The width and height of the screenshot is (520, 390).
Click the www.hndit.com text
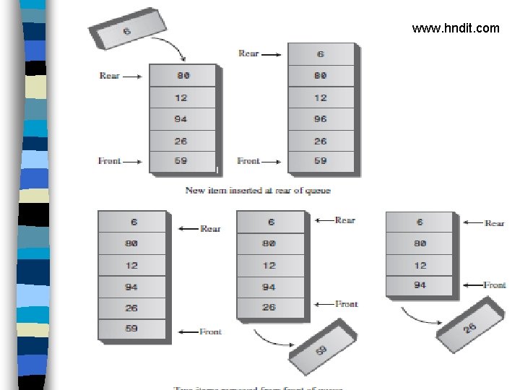point(455,28)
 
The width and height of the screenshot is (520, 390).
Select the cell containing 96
point(321,119)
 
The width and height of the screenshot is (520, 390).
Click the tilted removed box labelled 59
point(321,350)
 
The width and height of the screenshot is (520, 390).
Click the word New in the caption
point(195,190)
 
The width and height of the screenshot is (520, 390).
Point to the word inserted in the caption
point(250,190)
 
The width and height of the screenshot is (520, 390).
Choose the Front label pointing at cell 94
point(495,285)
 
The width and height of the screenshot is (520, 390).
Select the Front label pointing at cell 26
point(346,304)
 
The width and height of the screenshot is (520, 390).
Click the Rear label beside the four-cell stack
point(495,223)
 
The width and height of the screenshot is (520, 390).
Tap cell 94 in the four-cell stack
point(420,285)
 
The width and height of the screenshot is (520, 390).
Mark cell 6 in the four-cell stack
point(420,222)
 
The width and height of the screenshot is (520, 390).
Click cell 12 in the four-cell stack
point(420,265)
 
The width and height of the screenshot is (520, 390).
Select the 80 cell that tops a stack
point(183,75)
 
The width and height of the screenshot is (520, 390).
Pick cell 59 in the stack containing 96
point(321,161)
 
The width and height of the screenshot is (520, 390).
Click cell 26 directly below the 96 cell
point(321,141)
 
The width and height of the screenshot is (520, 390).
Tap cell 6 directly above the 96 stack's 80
point(321,54)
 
